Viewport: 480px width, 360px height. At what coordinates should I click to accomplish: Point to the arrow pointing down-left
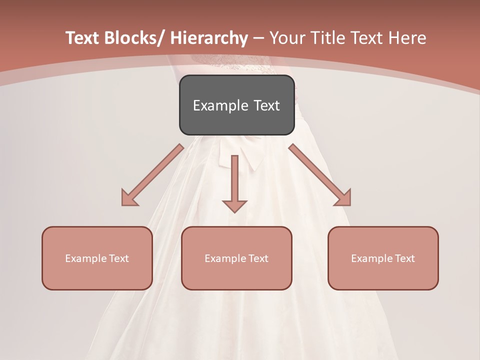[x=152, y=175]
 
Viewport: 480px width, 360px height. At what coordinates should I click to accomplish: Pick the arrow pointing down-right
[x=320, y=175]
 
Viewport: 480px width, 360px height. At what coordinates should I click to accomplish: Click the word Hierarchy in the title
[x=209, y=38]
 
